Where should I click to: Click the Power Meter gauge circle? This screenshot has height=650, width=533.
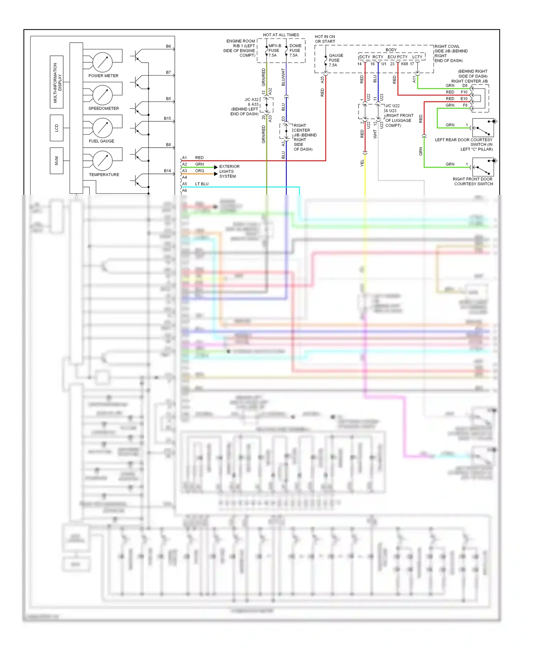tap(103, 62)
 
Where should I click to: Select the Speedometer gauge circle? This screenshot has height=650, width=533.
tap(103, 95)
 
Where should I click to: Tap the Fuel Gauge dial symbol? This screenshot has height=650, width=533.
tap(103, 127)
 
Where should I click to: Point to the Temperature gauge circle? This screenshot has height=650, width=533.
tap(103, 160)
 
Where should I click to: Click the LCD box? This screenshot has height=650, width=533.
tap(56, 128)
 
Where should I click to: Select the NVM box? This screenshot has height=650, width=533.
tap(56, 161)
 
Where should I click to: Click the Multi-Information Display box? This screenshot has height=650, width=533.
tap(57, 82)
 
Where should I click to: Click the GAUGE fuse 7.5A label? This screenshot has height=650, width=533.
tap(335, 60)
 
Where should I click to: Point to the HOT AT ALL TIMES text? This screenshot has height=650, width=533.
tap(281, 35)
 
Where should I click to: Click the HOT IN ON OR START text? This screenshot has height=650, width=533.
tap(325, 39)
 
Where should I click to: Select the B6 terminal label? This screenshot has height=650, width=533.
tap(168, 46)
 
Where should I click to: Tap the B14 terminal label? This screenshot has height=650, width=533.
tap(167, 171)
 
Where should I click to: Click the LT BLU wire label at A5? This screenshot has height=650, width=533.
tap(201, 184)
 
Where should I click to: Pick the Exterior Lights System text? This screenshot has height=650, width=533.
tap(229, 171)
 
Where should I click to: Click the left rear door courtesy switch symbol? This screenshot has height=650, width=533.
tap(483, 128)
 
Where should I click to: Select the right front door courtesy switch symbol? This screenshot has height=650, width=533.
tap(483, 167)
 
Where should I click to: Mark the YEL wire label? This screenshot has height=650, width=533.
tap(362, 163)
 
